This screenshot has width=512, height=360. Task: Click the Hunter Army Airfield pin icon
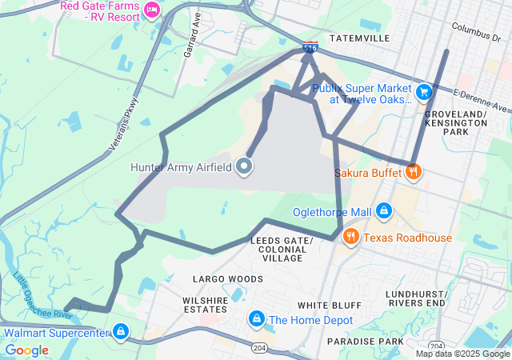point(245,166)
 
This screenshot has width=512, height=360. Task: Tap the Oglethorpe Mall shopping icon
point(383,210)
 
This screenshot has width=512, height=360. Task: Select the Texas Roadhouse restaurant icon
point(350,237)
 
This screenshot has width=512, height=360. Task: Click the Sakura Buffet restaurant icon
point(413,170)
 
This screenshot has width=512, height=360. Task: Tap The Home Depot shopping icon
point(256,319)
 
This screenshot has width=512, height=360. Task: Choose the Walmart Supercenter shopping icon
point(120,331)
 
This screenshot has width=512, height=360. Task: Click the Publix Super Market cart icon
point(424,92)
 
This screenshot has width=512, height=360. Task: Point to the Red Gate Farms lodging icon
point(150,10)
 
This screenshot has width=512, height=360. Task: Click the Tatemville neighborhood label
point(361,37)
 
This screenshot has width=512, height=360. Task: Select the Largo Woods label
point(228,278)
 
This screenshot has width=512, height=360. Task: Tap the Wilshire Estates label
point(205,304)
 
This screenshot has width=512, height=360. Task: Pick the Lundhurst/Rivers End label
point(415,298)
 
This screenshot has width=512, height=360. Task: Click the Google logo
point(27,350)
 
